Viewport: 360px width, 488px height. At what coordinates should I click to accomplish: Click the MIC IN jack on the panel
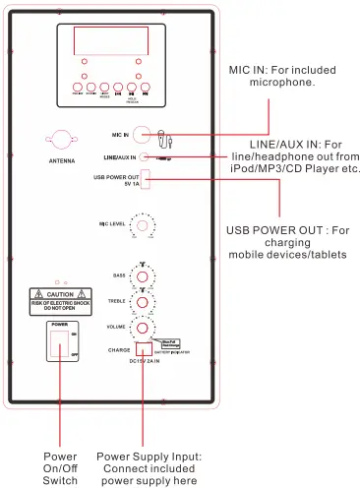tap(144, 134)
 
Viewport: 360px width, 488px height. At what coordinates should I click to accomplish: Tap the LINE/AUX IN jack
tap(145, 155)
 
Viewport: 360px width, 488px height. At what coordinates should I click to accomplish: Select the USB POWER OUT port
tap(145, 178)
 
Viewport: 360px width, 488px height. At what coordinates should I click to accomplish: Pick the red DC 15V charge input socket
tap(145, 347)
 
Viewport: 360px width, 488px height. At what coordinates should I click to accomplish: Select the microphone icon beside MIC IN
tap(165, 135)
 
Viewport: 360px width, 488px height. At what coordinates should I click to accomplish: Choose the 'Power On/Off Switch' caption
tap(60, 468)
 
